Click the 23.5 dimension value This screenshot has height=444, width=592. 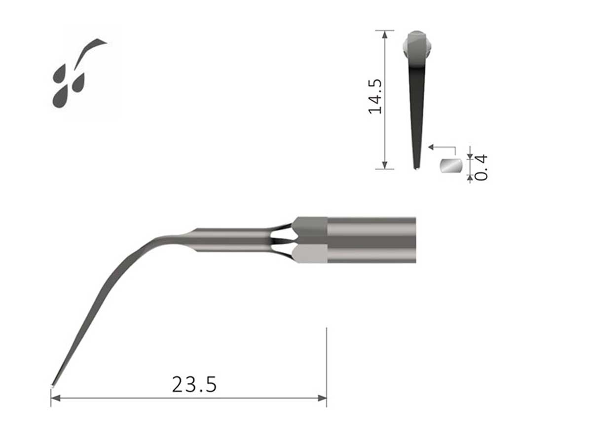194,384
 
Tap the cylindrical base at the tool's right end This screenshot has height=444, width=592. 371,240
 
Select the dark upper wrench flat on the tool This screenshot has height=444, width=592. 310,227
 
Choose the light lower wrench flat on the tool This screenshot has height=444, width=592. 310,254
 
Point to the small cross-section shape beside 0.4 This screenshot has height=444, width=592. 450,166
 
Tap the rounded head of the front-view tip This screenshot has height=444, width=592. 417,44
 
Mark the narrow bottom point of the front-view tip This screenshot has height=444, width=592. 416,167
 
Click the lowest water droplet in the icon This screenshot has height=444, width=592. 60,98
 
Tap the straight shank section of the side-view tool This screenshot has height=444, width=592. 232,240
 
